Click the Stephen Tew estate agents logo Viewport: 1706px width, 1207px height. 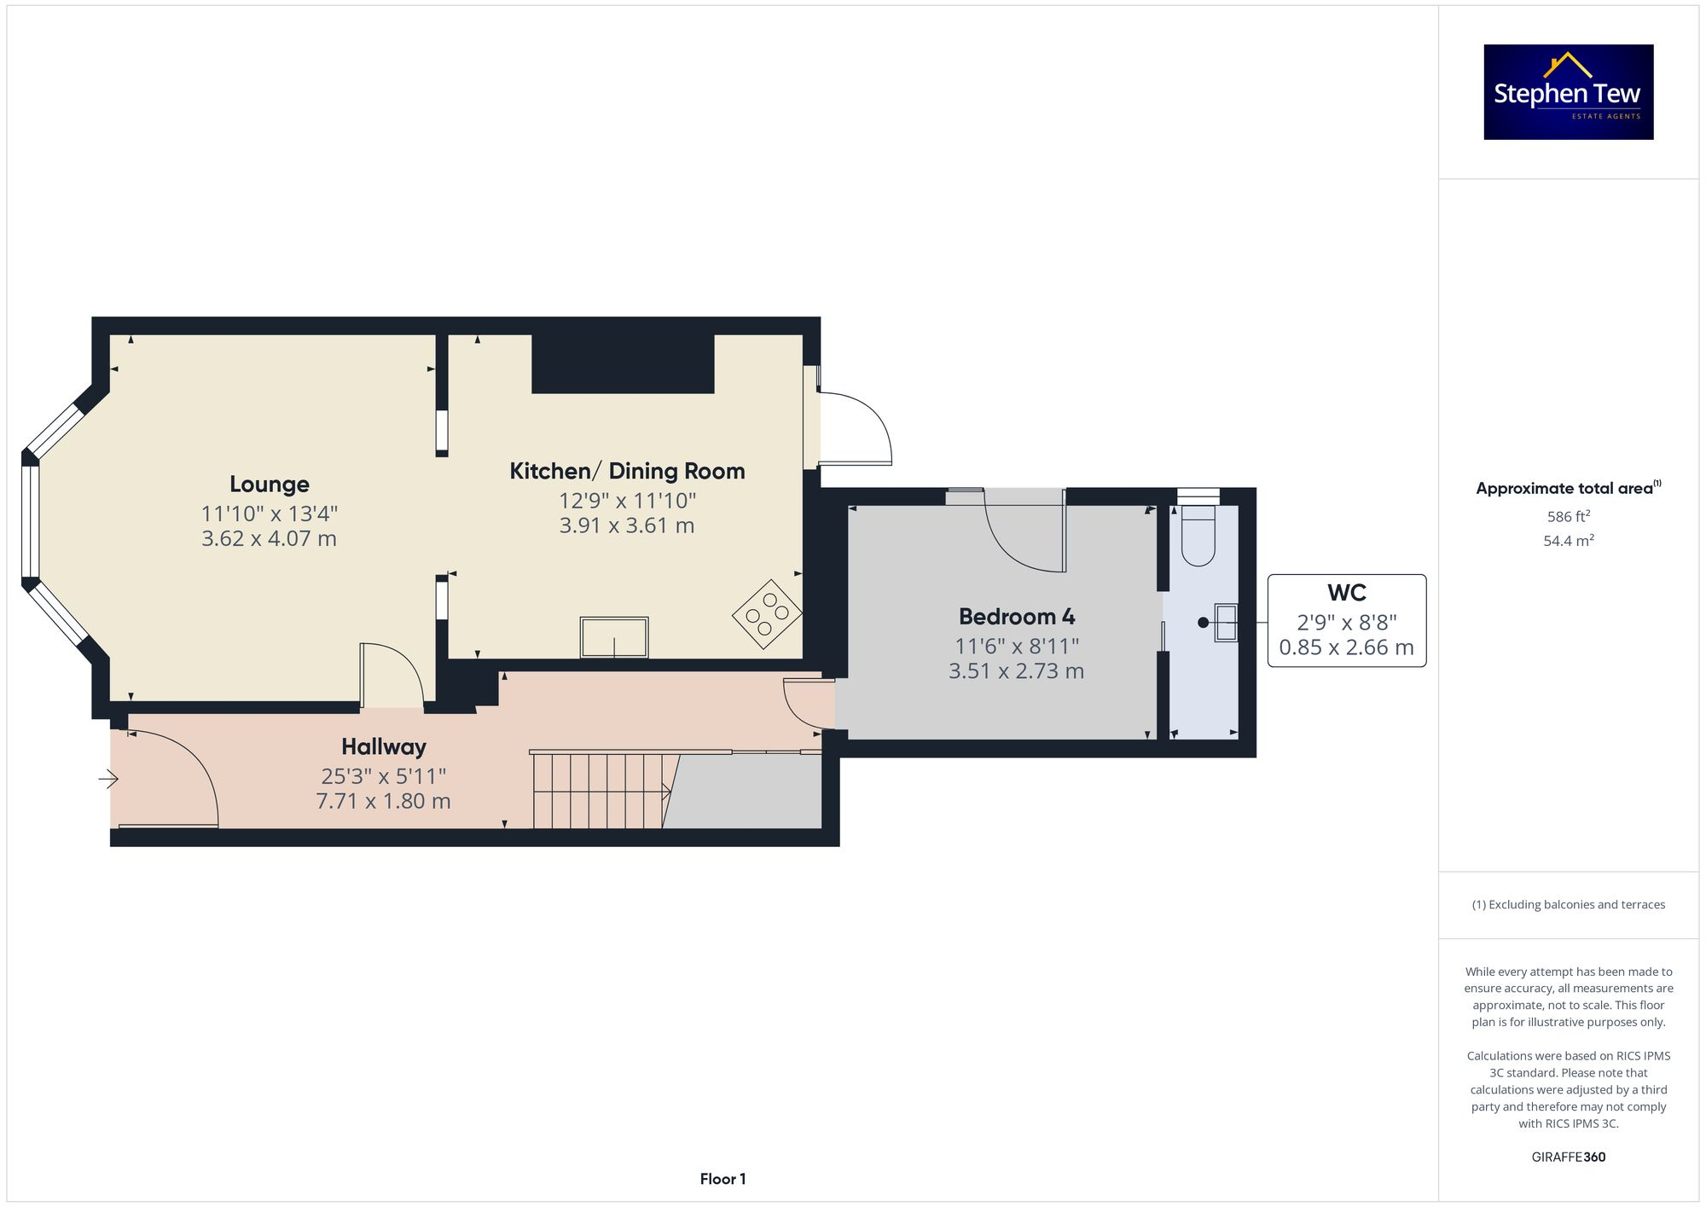[1568, 92]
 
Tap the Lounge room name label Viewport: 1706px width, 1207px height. [269, 485]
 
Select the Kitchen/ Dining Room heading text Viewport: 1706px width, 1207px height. [627, 471]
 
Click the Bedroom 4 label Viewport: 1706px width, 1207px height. [1016, 617]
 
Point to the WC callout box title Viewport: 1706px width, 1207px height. [1346, 593]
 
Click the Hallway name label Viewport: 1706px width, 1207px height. [383, 747]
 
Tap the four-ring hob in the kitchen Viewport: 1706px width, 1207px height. [766, 613]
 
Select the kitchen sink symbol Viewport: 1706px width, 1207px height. [613, 637]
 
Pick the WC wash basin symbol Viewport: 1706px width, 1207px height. [1226, 622]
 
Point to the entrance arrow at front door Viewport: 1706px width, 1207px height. [108, 779]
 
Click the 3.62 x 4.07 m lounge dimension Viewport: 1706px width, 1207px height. [269, 539]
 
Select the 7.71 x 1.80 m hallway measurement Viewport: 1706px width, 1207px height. [383, 802]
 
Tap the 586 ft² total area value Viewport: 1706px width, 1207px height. [1568, 517]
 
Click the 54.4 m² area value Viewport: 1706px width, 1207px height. [1568, 541]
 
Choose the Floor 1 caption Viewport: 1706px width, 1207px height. [722, 1179]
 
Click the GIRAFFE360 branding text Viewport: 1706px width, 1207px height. [1568, 1158]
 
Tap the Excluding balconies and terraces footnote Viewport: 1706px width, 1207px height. [1568, 905]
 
